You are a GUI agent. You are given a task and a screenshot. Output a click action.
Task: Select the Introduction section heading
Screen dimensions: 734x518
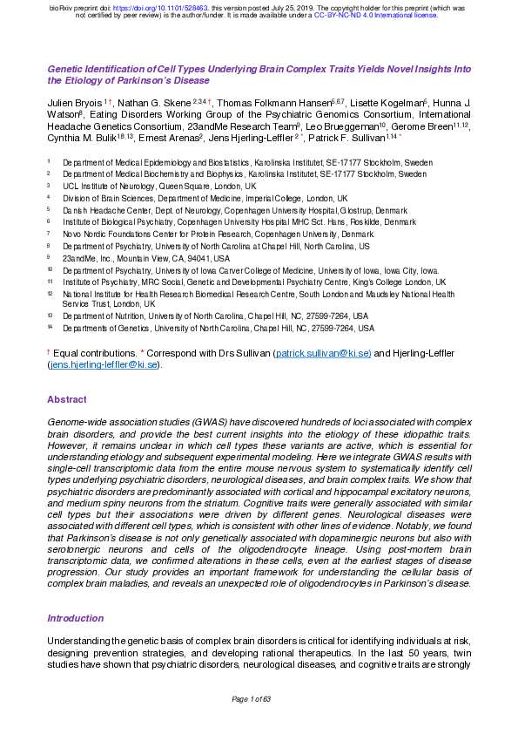click(x=75, y=618)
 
